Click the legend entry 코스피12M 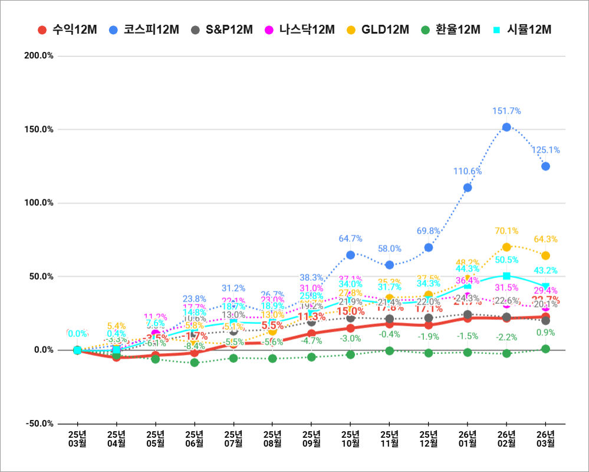click(x=144, y=29)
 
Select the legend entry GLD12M click(x=377, y=29)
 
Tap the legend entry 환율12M click(x=451, y=29)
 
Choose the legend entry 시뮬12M click(x=522, y=29)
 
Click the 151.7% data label click(x=506, y=111)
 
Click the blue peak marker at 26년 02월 click(x=506, y=127)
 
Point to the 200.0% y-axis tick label click(x=39, y=56)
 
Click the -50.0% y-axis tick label click(x=39, y=424)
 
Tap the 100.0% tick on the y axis click(x=39, y=203)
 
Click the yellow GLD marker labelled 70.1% click(x=506, y=247)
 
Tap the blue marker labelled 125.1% click(x=545, y=166)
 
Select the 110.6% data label click(x=468, y=171)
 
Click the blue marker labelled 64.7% click(x=350, y=255)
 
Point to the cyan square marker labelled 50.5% click(x=506, y=276)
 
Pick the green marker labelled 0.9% click(x=545, y=349)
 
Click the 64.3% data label click(x=545, y=240)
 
